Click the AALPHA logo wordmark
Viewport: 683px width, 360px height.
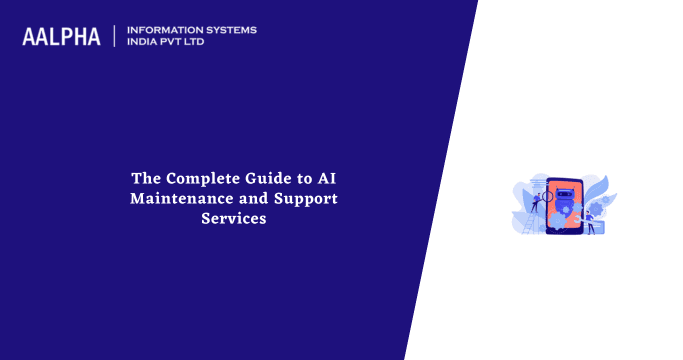(x=62, y=37)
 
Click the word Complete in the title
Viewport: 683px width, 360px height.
(x=205, y=178)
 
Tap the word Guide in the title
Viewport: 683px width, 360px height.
(x=272, y=178)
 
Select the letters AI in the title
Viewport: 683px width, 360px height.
(x=326, y=178)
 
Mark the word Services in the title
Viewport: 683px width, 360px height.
(x=233, y=218)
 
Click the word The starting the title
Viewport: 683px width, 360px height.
(x=146, y=178)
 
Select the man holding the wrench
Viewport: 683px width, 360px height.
(x=589, y=220)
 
